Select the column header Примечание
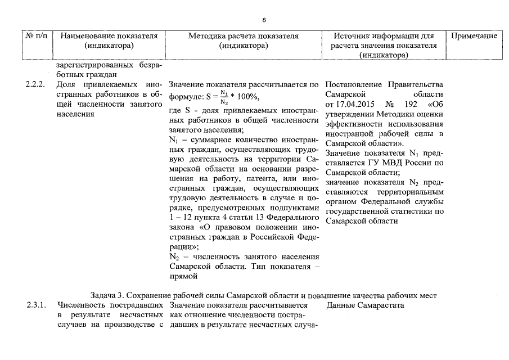[474, 36]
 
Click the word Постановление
[354, 84]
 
